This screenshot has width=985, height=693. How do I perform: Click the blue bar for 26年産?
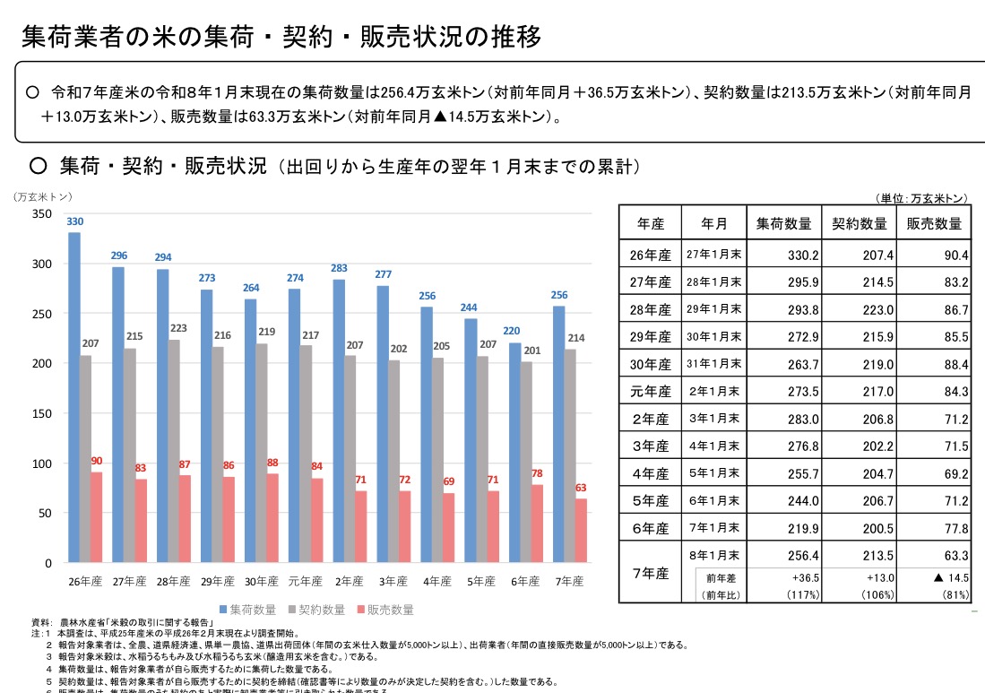tap(74, 398)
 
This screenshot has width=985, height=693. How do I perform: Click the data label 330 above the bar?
tap(75, 221)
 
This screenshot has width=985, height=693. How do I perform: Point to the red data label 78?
tap(537, 473)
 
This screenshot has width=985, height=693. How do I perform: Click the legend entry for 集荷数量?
tap(246, 610)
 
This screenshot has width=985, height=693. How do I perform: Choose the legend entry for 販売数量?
tap(385, 610)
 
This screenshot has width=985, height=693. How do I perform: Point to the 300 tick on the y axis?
tap(41, 264)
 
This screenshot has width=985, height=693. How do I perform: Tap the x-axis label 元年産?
tap(306, 581)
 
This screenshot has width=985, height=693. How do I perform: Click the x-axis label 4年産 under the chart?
tap(437, 581)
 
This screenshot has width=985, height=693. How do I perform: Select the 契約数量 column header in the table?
tap(860, 224)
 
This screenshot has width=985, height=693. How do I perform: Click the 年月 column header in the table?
tap(714, 224)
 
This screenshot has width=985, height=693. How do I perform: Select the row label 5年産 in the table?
tap(650, 500)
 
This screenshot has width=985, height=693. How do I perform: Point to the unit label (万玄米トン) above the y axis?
tap(42, 196)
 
